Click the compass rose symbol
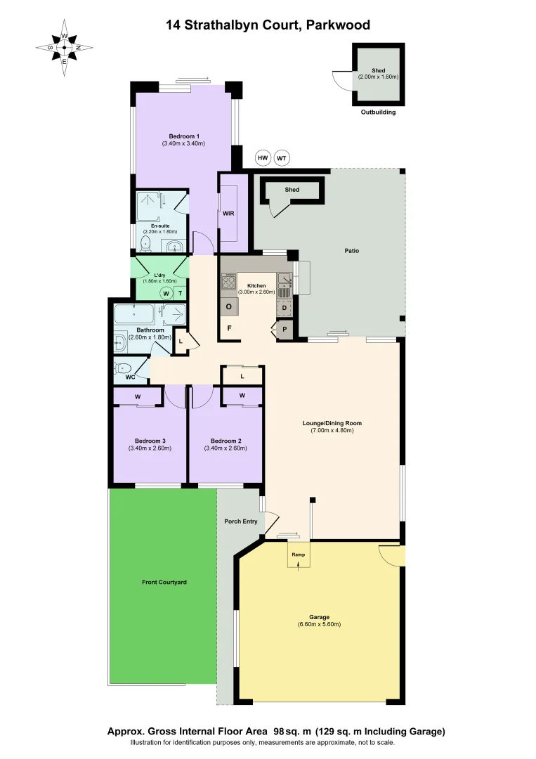[x=65, y=48]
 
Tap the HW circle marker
[x=263, y=158]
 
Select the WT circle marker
[x=282, y=158]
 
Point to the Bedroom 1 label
[x=184, y=136]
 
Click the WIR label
[x=228, y=213]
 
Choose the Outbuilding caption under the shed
[x=378, y=112]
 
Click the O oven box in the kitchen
[x=229, y=306]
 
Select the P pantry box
[x=285, y=330]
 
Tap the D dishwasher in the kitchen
[x=284, y=307]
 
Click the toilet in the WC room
[x=124, y=367]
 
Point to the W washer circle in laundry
[x=166, y=293]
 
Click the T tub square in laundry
[x=180, y=293]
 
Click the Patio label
[x=352, y=250]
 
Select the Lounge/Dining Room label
[x=332, y=423]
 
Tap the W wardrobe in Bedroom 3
[x=138, y=397]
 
